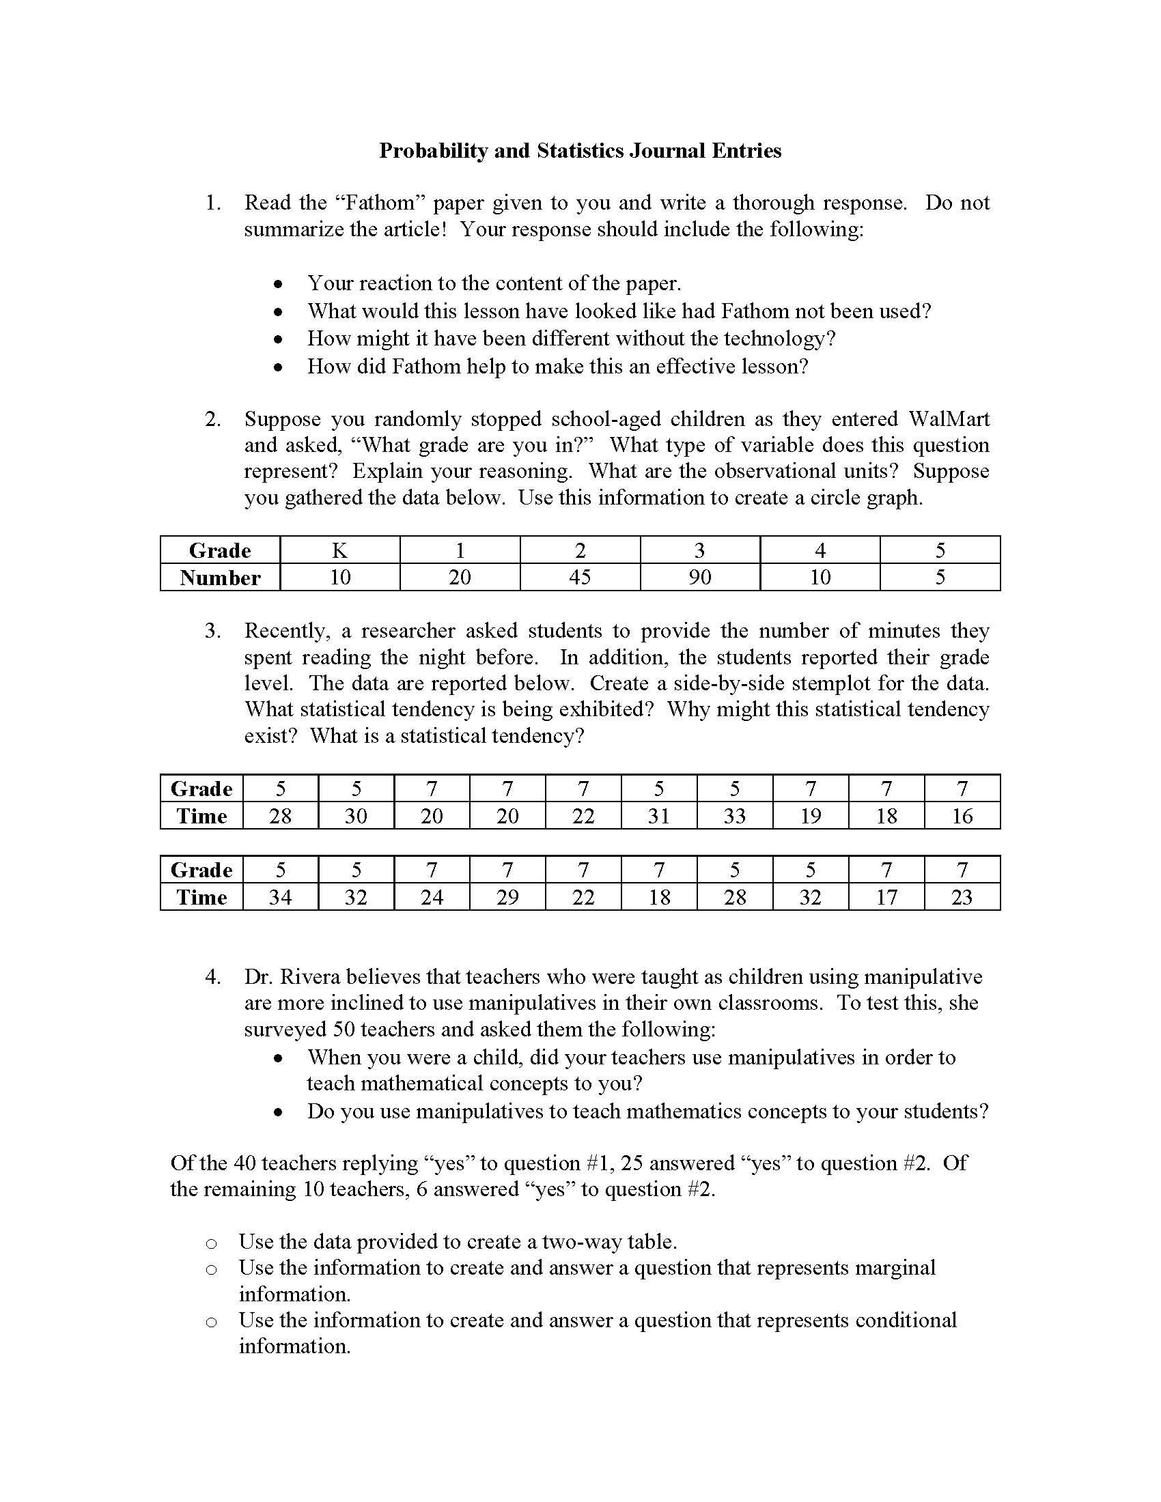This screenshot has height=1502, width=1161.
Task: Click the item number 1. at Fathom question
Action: point(213,203)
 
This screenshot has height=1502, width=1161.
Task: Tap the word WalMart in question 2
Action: point(949,419)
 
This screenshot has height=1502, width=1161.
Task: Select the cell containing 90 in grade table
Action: point(699,577)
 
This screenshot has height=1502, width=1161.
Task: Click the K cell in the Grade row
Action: point(340,550)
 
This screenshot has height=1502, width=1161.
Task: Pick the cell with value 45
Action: point(580,577)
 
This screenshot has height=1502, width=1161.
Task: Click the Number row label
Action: point(220,578)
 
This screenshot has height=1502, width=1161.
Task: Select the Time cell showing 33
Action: point(735,816)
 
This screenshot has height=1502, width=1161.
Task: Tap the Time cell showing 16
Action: point(962,816)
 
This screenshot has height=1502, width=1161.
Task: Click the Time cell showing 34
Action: point(280,897)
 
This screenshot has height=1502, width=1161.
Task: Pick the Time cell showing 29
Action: point(507,897)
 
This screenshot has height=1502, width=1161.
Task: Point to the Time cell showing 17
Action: point(886,897)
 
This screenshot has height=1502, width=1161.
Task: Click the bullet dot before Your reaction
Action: point(278,284)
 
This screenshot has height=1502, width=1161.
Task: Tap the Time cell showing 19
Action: point(810,816)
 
